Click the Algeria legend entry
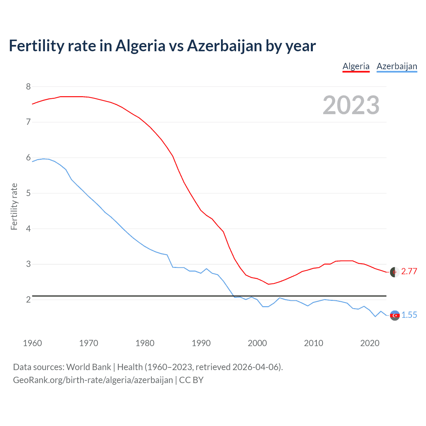[x=356, y=66]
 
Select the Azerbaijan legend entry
[x=397, y=66]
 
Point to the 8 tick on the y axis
[x=28, y=87]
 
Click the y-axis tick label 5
[x=28, y=193]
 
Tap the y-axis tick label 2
[x=28, y=300]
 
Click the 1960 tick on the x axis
[x=32, y=343]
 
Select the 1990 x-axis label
[x=201, y=343]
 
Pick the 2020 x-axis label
[x=370, y=343]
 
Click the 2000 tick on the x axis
[x=257, y=343]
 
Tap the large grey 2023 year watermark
[x=351, y=106]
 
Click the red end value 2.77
[x=409, y=272]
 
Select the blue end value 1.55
[x=409, y=315]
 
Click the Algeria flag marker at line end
[x=395, y=272]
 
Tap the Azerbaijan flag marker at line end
[x=395, y=315]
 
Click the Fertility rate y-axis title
[x=14, y=207]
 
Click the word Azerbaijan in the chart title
[x=224, y=46]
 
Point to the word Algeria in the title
[x=140, y=46]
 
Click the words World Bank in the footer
[x=89, y=367]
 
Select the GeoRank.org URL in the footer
[x=93, y=380]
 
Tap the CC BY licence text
[x=191, y=380]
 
